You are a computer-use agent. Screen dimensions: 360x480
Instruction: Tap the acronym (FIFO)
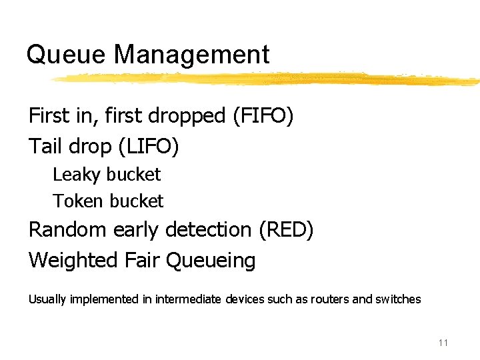click(263, 116)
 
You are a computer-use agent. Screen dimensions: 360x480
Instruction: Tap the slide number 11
click(443, 343)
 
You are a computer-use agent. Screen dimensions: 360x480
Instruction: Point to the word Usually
click(47, 300)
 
